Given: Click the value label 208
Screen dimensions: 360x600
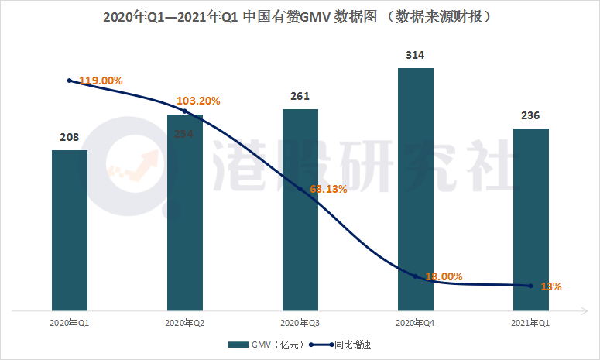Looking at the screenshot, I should coord(70,138).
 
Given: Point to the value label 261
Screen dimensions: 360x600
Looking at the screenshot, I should coord(300,97).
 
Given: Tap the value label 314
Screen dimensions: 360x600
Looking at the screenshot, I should coord(416,56).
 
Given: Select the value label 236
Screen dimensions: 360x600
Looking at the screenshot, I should coord(530,116).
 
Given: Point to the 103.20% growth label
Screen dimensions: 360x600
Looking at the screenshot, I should coord(199,101).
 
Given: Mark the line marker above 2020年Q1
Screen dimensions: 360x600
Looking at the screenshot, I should coord(70,81).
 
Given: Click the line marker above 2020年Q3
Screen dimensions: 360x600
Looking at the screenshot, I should coord(300,189).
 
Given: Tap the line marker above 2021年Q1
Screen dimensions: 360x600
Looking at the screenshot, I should coord(530,286).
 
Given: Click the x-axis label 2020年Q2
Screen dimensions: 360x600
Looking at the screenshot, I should coord(185,321).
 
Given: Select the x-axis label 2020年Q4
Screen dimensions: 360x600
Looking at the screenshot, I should coord(416,321).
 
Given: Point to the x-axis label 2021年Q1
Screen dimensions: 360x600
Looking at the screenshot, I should coord(530,321).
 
